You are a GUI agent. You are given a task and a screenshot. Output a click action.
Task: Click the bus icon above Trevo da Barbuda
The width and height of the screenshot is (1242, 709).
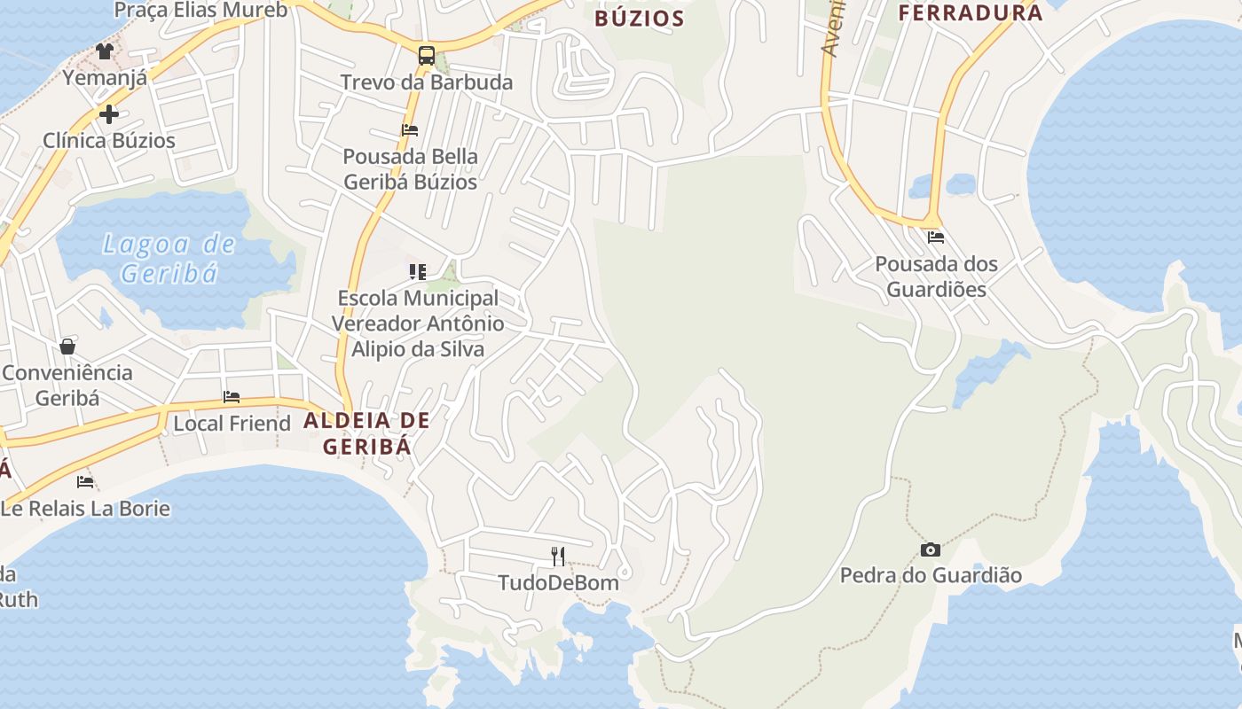pos(427,56)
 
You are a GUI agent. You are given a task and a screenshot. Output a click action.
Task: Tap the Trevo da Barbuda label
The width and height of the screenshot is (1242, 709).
pos(427,82)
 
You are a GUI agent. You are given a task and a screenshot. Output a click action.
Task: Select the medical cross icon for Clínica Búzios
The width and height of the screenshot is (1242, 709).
pos(108,114)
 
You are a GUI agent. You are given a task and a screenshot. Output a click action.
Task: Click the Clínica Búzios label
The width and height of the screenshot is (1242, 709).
pos(109,140)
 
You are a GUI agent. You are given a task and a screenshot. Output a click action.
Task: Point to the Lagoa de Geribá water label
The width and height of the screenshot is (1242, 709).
pos(169,258)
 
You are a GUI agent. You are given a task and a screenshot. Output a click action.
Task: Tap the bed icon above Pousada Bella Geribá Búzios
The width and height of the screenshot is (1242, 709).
pos(410,129)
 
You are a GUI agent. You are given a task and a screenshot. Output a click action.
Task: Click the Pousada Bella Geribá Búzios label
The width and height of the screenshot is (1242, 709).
pos(410,169)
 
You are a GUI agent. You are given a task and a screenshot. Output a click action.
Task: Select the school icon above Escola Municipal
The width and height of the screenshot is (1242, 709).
pos(417,271)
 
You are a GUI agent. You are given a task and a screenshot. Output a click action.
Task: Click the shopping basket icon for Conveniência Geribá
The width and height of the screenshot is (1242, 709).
pos(67,346)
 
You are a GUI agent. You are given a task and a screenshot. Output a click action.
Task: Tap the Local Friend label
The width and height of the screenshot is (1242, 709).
pos(232,424)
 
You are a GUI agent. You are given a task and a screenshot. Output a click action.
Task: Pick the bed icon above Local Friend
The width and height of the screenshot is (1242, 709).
pos(232,397)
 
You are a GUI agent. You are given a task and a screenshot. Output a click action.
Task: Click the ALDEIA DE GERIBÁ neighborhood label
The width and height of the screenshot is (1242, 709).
pos(366,433)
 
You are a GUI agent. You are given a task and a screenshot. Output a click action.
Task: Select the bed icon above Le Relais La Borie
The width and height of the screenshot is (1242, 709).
pos(85,482)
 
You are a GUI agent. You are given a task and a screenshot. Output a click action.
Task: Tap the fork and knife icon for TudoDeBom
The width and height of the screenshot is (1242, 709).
pos(558,557)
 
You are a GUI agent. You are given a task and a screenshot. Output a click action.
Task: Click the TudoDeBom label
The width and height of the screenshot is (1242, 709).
pos(558,583)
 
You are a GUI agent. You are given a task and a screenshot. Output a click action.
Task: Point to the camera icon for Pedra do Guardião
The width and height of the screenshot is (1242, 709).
pos(931,549)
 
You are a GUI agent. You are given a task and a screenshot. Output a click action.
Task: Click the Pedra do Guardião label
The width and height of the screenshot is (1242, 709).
pos(931,576)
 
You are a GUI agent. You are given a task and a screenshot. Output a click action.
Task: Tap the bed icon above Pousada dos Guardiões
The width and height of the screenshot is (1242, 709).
pos(936,238)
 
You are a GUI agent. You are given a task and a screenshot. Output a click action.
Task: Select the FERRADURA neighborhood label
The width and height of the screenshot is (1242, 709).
pos(971,13)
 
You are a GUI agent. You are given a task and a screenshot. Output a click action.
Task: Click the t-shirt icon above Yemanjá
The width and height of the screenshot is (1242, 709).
pos(105,51)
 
